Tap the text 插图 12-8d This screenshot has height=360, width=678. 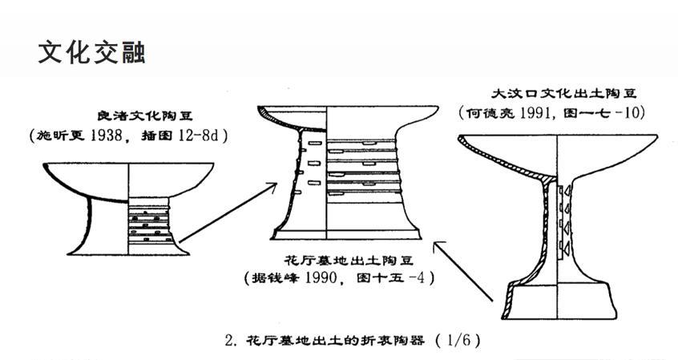[x=187, y=136]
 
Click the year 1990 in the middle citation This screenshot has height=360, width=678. [x=339, y=278]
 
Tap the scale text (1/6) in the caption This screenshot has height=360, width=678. [x=459, y=339]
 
